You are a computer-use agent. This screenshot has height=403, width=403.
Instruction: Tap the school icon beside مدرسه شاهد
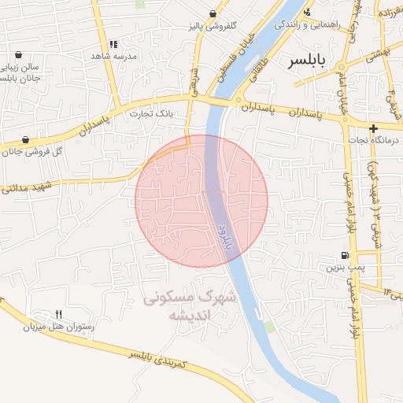[x=114, y=45]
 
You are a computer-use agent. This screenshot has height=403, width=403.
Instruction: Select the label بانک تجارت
[x=153, y=114]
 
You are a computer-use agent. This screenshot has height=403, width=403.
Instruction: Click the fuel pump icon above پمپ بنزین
[x=345, y=255]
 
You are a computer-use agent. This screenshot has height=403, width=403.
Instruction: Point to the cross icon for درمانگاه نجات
[x=373, y=128]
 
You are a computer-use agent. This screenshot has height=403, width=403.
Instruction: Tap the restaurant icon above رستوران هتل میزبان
[x=58, y=314]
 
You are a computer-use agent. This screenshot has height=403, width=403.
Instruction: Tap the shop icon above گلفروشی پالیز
[x=213, y=14]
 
